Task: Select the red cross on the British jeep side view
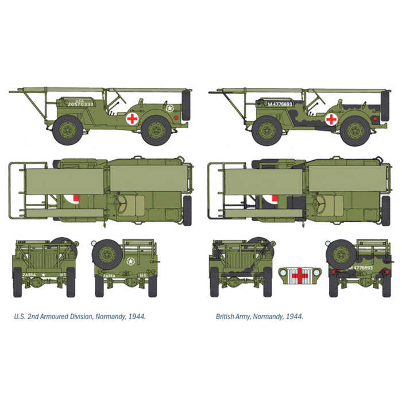click(x=331, y=119)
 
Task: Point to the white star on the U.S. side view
click(x=170, y=107)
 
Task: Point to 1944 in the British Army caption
click(x=294, y=316)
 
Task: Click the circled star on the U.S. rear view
click(x=130, y=264)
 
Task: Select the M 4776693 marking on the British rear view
click(x=360, y=268)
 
